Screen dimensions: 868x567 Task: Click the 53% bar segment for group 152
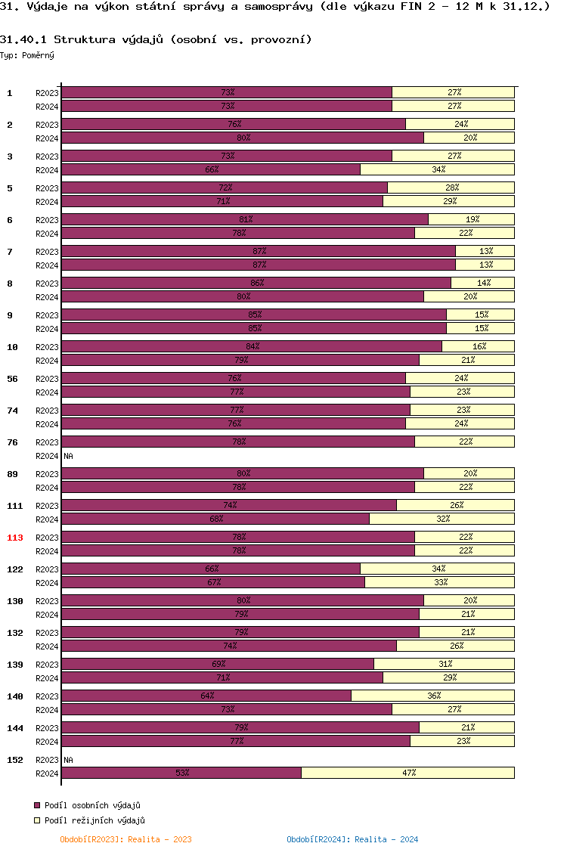pyautogui.click(x=181, y=773)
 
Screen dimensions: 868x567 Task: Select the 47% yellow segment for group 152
pyautogui.click(x=408, y=773)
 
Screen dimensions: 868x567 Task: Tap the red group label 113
pyautogui.click(x=15, y=538)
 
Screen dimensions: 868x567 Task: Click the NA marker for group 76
pyautogui.click(x=68, y=456)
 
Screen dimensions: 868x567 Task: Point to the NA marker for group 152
pyautogui.click(x=68, y=760)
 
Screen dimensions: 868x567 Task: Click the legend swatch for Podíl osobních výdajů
pyautogui.click(x=37, y=806)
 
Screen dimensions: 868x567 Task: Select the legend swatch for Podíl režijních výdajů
pyautogui.click(x=37, y=820)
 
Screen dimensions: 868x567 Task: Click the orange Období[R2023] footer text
pyautogui.click(x=125, y=839)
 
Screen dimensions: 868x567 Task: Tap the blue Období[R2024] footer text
pyautogui.click(x=352, y=839)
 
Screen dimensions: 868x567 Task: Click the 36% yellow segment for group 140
pyautogui.click(x=433, y=696)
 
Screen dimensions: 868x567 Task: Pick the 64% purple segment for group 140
pyautogui.click(x=206, y=696)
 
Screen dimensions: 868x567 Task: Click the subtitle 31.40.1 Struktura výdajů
pyautogui.click(x=156, y=39)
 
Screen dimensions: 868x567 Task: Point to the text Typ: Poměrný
pyautogui.click(x=27, y=55)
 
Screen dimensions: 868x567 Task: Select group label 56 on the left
pyautogui.click(x=13, y=379)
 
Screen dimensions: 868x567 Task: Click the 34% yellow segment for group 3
pyautogui.click(x=438, y=169)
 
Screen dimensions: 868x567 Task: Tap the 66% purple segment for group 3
pyautogui.click(x=211, y=169)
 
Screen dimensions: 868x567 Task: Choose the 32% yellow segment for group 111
pyautogui.click(x=442, y=519)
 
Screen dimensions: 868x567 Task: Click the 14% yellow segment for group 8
pyautogui.click(x=483, y=283)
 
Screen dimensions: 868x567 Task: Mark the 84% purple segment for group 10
pyautogui.click(x=252, y=346)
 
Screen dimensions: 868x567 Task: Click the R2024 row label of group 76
pyautogui.click(x=47, y=456)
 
